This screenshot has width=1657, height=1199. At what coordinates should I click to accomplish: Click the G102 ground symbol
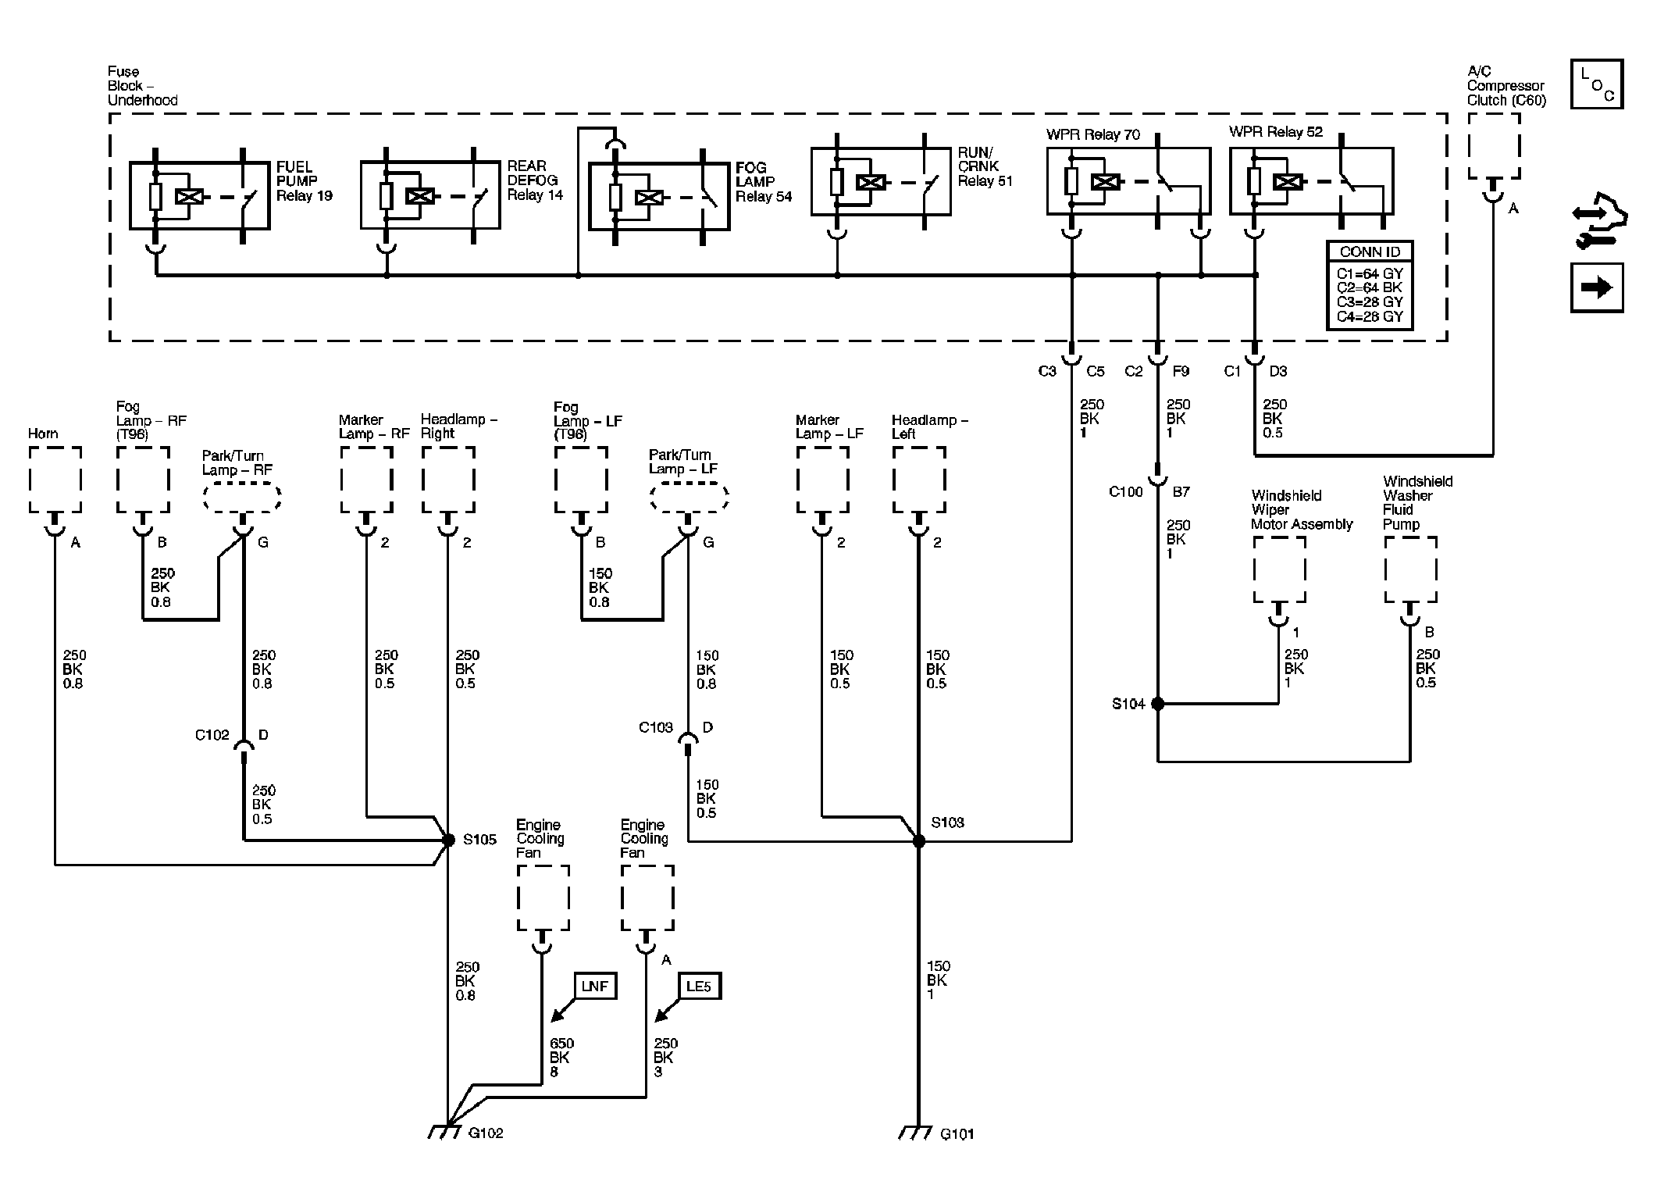[446, 1131]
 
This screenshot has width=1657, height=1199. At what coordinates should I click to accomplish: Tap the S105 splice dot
[448, 840]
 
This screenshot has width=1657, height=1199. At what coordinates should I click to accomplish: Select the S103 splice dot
[919, 841]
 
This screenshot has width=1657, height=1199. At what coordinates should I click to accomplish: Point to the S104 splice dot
[1158, 704]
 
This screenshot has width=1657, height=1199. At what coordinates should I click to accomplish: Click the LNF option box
[595, 987]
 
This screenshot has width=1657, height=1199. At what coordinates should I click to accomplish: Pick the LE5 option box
[699, 987]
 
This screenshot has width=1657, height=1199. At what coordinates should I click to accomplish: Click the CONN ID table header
[1370, 252]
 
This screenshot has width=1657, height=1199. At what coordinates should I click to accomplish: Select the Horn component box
[55, 480]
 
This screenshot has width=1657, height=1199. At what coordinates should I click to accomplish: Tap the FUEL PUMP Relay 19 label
[305, 181]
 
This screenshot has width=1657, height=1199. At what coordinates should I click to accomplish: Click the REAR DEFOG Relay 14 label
[535, 180]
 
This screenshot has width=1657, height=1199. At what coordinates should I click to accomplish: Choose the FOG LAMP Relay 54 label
[764, 182]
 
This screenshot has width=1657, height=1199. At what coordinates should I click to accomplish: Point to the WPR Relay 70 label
[1093, 134]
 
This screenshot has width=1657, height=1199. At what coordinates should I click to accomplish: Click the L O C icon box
[1597, 84]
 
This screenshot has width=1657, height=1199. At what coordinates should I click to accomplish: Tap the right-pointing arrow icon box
[1597, 287]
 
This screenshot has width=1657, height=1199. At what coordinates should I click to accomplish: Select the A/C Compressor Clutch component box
[1494, 146]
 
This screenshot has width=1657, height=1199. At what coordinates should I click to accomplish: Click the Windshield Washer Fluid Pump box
[1410, 569]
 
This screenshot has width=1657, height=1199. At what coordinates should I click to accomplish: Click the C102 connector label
[212, 735]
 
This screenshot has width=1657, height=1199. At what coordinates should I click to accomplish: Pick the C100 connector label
[1126, 491]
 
